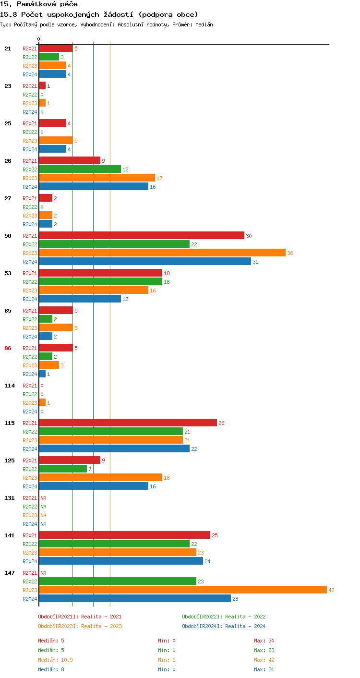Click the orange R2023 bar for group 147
pos(182,590)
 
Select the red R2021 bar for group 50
pos(142,236)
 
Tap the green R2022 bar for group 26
pos(80,169)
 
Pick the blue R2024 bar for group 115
pos(114,449)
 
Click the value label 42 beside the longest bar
pos(331,590)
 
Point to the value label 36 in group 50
pos(290,253)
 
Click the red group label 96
pos(8,348)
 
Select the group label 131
pos(9,498)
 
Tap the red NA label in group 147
pos(43,573)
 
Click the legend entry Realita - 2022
pos(224,617)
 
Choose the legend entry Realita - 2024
pos(224,626)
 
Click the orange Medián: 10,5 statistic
pos(55,660)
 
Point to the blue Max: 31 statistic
pos(264,669)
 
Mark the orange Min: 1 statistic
pos(167,660)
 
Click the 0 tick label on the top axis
pos(39,39)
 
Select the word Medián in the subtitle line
pos(204,24)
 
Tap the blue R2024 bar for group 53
pos(80,299)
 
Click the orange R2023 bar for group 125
pos(100,478)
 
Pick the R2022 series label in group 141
pos(30,544)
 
